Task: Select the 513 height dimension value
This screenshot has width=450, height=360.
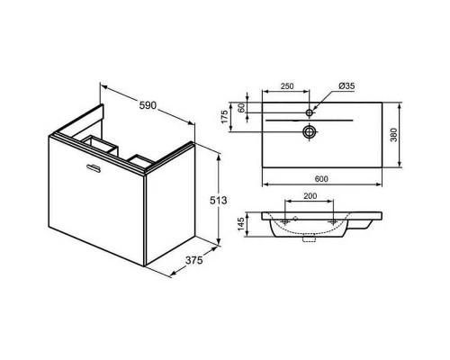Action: pos(231,199)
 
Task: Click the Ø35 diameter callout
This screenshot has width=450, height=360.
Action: pos(346,87)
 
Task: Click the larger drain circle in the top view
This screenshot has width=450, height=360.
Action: pos(309,132)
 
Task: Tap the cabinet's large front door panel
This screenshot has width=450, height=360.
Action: pos(97,202)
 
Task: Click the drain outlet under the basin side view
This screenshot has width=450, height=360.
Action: pos(309,240)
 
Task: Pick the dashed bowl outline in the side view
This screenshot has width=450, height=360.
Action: pos(310,230)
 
